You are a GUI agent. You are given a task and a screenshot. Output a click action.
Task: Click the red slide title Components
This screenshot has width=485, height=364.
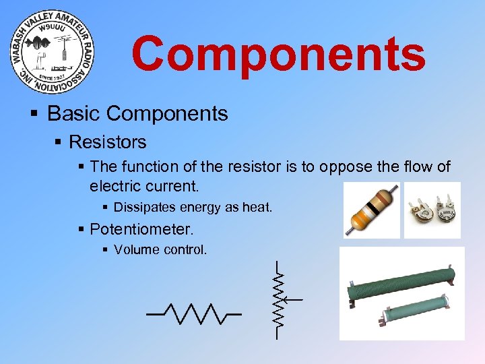coord(278,55)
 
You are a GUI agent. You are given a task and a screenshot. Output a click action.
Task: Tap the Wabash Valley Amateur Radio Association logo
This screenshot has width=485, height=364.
coord(53,53)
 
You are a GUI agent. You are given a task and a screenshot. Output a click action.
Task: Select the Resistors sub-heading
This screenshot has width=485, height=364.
coord(107,142)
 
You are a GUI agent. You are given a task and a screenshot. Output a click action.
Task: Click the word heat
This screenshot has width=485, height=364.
coord(256,208)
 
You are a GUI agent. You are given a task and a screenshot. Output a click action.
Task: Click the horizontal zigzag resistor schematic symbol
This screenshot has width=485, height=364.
coord(194,313)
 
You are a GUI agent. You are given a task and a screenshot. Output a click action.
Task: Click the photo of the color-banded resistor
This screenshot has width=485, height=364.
coord(370,210)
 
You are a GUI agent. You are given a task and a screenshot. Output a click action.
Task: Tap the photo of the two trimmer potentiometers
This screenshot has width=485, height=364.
coord(432,210)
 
